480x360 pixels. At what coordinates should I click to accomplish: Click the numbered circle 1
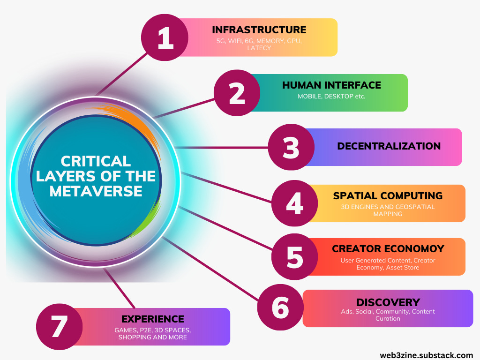pos(164,38)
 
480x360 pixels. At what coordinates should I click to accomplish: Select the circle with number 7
pos(60,326)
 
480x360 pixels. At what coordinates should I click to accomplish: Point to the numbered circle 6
pos(280,307)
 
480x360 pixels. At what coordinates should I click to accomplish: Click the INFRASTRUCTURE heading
pos(259,30)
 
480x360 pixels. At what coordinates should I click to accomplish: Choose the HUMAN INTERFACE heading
pos(331,85)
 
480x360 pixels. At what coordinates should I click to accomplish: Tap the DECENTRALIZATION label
pos(389,146)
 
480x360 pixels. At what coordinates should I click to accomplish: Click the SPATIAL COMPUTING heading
pos(388,195)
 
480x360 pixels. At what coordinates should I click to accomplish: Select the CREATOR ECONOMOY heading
pos(388,249)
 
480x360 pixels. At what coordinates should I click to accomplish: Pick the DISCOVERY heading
pos(388,302)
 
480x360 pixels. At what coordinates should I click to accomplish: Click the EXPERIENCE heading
pos(152,319)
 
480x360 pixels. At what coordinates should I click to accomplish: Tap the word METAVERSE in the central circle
pos(96,191)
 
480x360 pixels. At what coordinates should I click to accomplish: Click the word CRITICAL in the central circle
pos(96,162)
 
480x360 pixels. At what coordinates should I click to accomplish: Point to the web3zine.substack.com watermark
pos(427,353)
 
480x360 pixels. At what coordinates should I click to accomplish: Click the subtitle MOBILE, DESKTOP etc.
pos(331,97)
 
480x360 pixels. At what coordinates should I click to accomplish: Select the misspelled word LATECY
pos(259,48)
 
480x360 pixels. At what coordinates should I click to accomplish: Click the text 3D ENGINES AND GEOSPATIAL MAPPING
pos(388,210)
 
